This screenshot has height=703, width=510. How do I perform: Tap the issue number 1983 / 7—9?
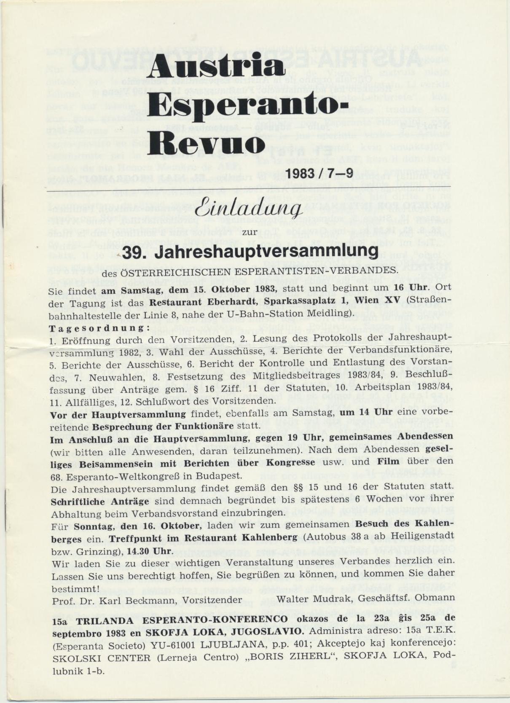(319, 173)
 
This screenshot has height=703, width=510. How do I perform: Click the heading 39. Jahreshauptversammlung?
(250, 252)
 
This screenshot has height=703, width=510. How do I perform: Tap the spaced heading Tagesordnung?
(99, 328)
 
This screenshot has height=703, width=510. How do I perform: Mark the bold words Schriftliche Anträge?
(99, 502)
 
